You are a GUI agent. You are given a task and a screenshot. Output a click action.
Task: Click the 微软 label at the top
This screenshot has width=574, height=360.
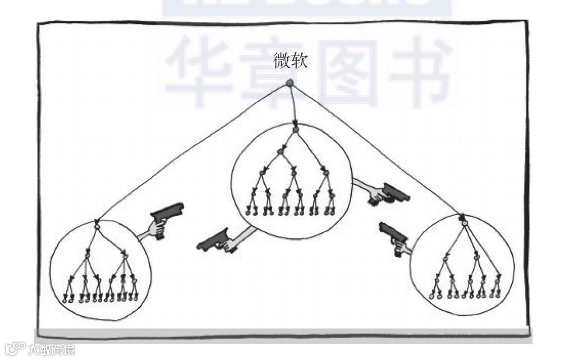point(290,61)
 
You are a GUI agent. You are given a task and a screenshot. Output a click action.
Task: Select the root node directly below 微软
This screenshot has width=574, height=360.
point(290,83)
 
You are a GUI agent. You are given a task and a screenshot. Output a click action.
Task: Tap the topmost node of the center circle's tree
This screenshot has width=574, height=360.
point(295,130)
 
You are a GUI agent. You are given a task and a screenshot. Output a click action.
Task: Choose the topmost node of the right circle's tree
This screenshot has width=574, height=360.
point(464,223)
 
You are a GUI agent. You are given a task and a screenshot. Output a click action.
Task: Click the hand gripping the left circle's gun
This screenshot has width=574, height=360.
point(157,228)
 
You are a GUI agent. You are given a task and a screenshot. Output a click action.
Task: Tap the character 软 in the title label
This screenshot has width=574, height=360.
point(299,61)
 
